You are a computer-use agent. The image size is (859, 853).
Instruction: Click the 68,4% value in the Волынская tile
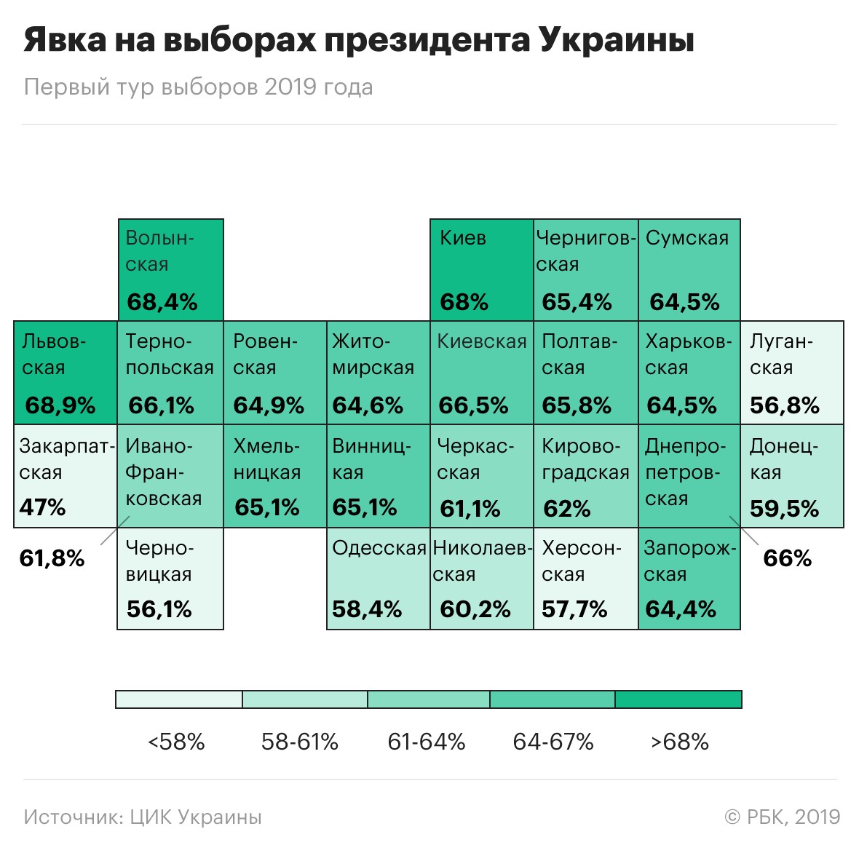point(162,302)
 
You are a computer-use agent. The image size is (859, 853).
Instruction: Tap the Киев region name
point(463,238)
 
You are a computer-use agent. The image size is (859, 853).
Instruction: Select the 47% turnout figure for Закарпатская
point(42,507)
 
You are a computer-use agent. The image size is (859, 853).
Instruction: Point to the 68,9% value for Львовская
point(60,405)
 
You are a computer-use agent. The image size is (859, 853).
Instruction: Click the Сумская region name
point(687,238)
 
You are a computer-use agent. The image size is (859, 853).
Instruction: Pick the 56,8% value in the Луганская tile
point(785,405)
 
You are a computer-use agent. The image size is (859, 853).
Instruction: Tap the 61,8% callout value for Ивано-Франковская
point(52,558)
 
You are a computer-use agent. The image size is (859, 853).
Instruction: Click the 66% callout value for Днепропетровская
point(787,558)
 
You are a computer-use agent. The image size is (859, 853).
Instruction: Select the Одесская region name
point(379,548)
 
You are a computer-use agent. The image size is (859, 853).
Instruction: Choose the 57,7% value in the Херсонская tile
point(574,609)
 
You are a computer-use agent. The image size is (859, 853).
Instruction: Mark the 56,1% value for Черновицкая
point(159,609)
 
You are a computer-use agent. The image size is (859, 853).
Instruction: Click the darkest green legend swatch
point(678,699)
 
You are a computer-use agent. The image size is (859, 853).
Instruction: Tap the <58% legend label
point(176,742)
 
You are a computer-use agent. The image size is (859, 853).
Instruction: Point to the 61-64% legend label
point(427,742)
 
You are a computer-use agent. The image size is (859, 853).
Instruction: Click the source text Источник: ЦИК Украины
point(143,817)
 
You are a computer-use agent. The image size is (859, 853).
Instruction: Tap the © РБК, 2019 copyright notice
point(783,817)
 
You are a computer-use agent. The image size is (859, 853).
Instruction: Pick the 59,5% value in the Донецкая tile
point(785,509)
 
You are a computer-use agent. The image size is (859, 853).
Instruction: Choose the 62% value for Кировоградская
point(567,509)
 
